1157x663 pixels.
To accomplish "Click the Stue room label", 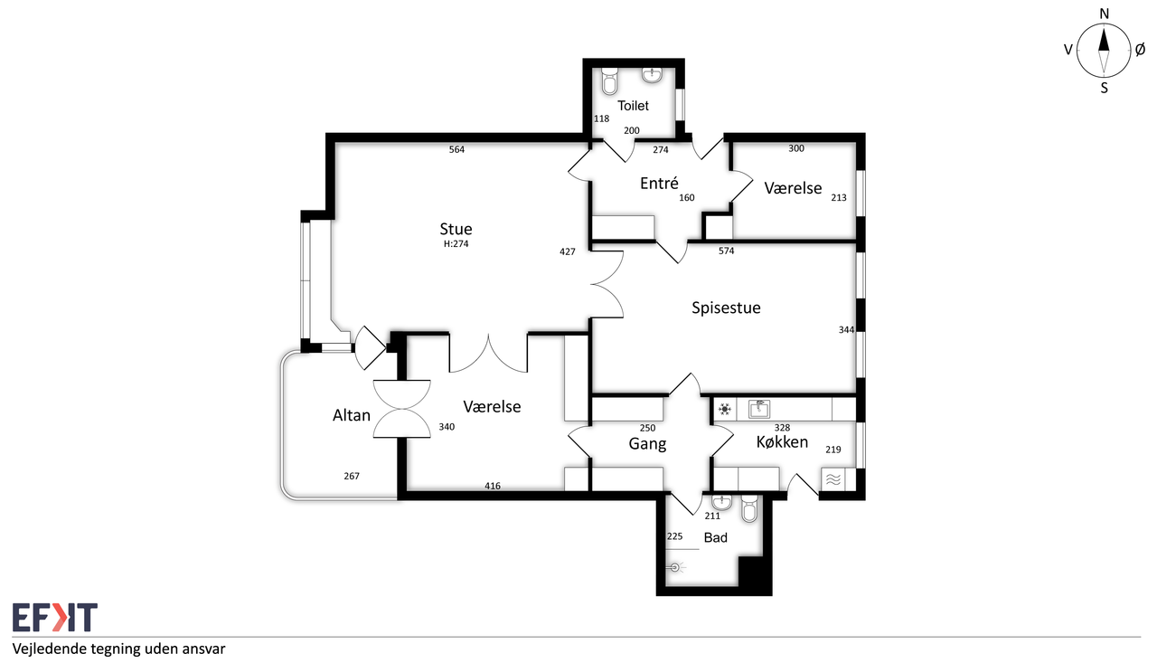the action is coord(456,229).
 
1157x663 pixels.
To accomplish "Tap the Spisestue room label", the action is coord(726,308).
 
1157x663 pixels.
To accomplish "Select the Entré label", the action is coord(659,183).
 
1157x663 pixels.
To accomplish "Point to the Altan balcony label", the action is coord(352,415).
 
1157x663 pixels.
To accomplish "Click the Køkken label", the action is coord(782,441).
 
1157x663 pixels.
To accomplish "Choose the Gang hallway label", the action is coord(647,444).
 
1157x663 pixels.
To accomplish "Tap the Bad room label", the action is coord(715,537).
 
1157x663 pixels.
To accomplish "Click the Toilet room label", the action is coord(633,106).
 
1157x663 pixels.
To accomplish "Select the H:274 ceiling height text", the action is coord(456,244).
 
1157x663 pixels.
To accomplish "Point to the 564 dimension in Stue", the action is coord(456,150).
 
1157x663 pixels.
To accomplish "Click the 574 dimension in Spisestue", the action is coord(726,251).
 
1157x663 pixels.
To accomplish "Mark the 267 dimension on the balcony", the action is coord(352,476).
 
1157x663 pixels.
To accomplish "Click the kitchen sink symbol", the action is coord(759,409).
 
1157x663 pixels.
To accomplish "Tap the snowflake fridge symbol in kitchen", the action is coord(725,409).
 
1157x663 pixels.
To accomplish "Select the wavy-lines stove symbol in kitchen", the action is coord(833,480).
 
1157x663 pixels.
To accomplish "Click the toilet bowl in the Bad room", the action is coord(749,508).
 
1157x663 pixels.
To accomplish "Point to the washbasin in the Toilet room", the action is coord(653,75).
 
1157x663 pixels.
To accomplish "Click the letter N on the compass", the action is coord(1104,14).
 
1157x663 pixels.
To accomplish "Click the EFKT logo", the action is coord(55,617).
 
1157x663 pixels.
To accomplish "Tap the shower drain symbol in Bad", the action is coord(674,568).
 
